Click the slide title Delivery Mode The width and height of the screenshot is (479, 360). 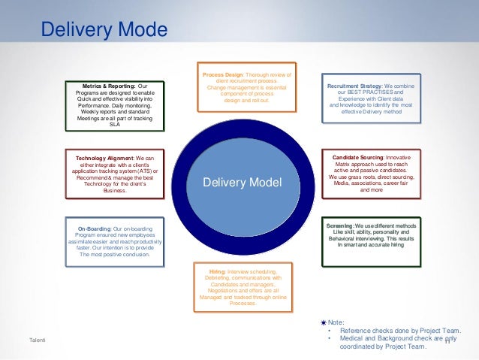coord(104,31)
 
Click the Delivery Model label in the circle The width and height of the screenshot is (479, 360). coord(243,183)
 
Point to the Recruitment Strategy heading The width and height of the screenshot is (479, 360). coord(355,86)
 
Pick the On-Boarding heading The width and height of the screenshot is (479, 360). coord(94,228)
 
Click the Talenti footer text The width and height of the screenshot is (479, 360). coord(38,342)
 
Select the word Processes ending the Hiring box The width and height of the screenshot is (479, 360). coord(243,304)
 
